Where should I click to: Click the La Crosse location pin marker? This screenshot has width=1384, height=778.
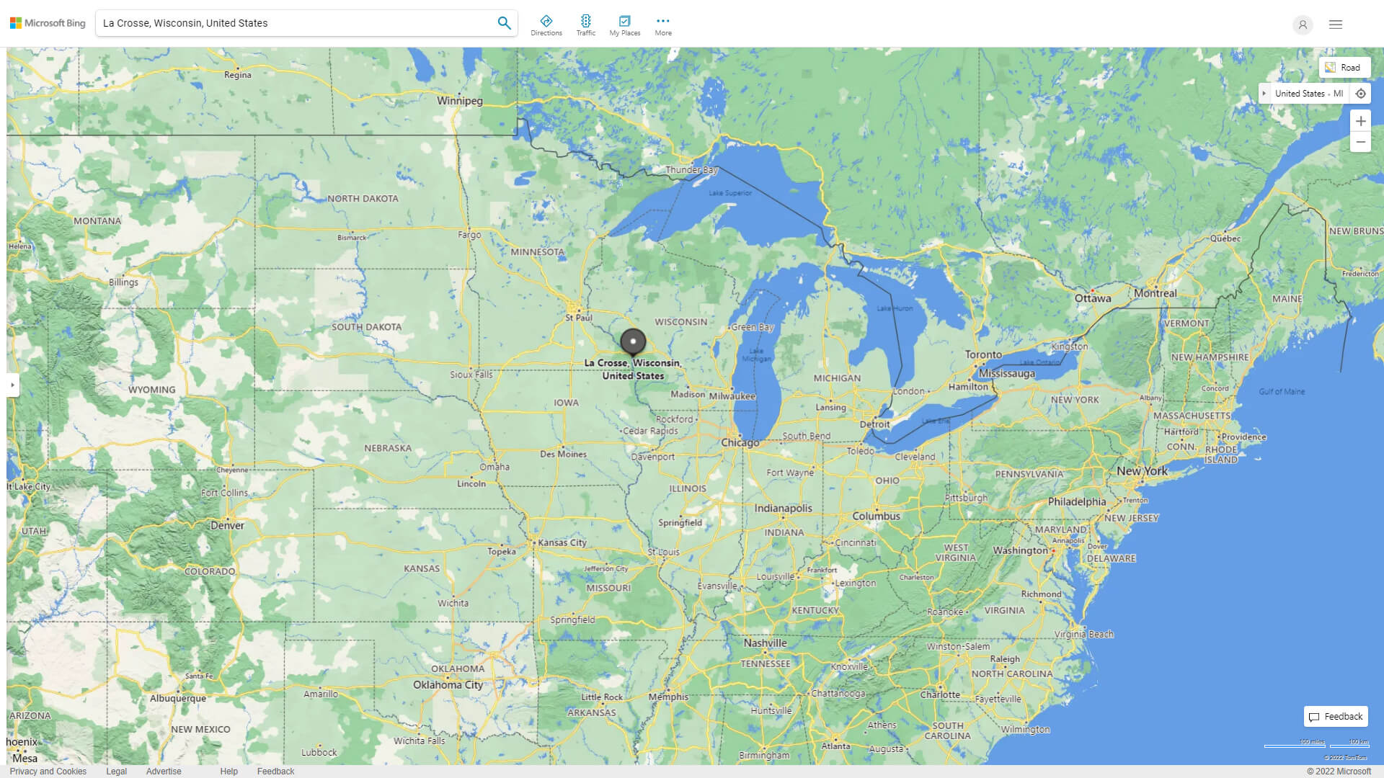633,341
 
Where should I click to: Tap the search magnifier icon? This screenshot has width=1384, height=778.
504,23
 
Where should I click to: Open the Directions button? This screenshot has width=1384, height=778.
546,25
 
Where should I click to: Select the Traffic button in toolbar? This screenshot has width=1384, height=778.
586,25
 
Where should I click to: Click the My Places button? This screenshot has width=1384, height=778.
624,25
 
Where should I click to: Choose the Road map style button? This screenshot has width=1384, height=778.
1343,68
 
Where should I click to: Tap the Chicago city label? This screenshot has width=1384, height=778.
740,442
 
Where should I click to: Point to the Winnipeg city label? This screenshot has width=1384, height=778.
459,101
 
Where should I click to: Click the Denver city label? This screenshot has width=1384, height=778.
227,526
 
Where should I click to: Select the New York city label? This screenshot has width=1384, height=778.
1141,471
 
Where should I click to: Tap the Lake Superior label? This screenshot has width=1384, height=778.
729,193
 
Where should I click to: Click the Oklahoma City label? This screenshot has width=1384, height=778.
448,685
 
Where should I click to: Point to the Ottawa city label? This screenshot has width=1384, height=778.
1092,298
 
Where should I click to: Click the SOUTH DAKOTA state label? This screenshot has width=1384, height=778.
366,327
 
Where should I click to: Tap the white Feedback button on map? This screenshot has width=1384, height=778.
1335,717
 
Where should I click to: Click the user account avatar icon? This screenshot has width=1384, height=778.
1302,24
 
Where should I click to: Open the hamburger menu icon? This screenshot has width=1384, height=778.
1335,24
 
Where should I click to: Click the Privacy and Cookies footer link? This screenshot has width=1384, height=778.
48,771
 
